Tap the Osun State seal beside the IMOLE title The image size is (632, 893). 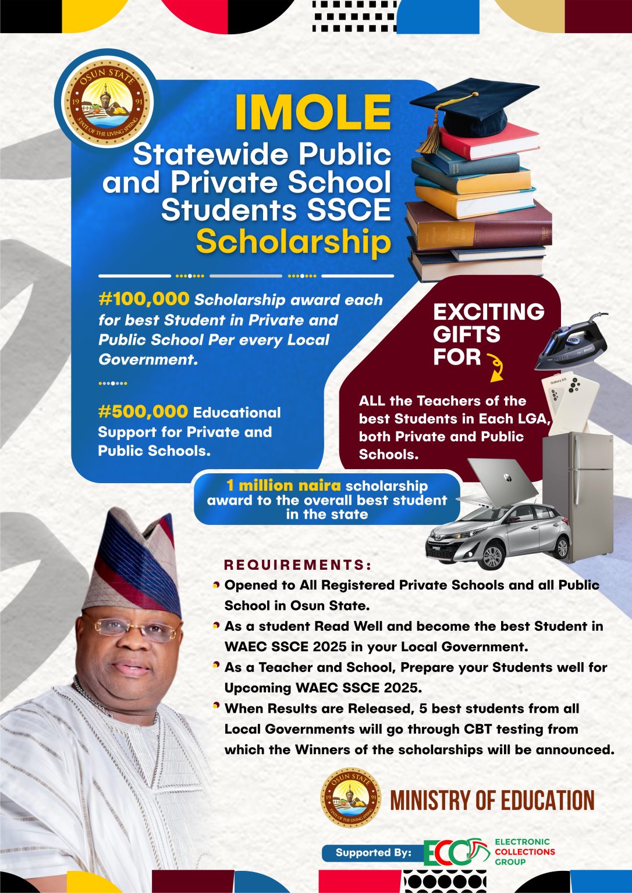(x=107, y=102)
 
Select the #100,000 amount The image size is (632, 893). (x=144, y=299)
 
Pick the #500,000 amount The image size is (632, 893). (x=143, y=412)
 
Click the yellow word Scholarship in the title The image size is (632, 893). (x=293, y=241)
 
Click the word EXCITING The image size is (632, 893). (x=488, y=312)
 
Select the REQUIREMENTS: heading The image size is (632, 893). (x=297, y=565)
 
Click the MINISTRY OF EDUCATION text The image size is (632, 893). (x=492, y=801)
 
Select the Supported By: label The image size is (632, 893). (x=373, y=853)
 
